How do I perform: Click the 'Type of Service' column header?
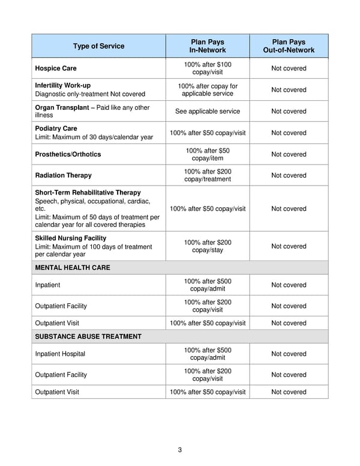coord(98,46)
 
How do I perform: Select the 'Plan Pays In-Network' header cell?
coord(208,46)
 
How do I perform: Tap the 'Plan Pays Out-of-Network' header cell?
coord(289,46)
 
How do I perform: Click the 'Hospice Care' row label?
coord(56,68)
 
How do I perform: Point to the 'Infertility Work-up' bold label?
coord(63,86)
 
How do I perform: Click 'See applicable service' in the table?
coord(208,111)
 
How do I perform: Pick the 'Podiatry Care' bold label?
coord(56,129)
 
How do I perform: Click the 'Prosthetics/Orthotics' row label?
coord(68,154)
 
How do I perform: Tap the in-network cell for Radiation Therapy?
coord(208,175)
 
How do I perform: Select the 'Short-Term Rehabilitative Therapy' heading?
coord(88,193)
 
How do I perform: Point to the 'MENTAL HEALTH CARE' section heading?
coord(73,268)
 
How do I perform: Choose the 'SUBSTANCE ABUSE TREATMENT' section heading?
coord(88,337)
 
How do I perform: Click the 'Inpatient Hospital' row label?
coord(60,354)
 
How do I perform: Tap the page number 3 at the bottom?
coord(180,450)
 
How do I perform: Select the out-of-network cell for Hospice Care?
coord(289,68)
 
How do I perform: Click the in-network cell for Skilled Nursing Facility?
coord(208,246)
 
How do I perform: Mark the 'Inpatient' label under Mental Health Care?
coord(47,285)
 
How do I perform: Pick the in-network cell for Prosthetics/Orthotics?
coord(208,154)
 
